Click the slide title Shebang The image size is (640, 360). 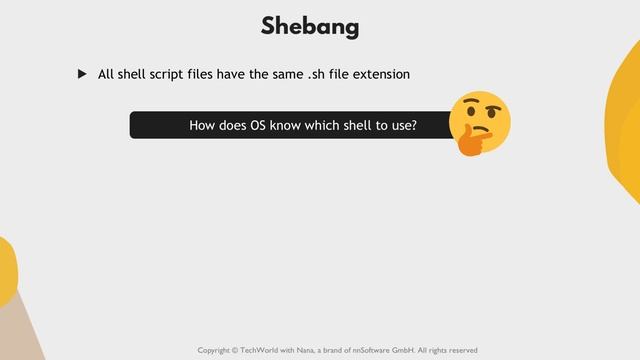pos(310,27)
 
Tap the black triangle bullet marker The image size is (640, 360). pos(83,74)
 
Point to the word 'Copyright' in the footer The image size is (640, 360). pos(218,350)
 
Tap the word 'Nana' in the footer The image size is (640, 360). pos(324,350)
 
